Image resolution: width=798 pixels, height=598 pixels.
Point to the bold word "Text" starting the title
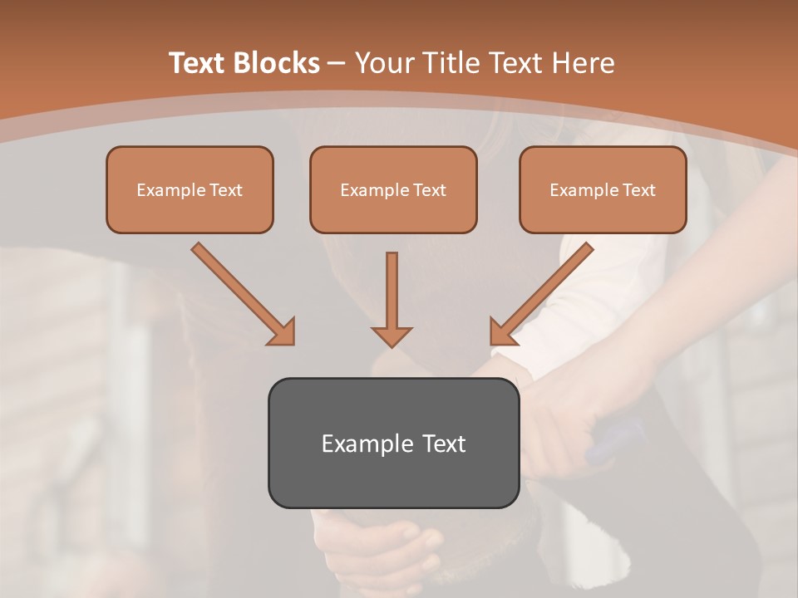[x=197, y=63]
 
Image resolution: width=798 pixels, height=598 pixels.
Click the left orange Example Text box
[x=190, y=189]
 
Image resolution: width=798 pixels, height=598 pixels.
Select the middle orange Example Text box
[x=393, y=189]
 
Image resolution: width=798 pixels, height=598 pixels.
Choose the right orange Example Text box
[x=603, y=189]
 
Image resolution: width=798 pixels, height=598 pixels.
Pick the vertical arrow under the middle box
[x=392, y=291]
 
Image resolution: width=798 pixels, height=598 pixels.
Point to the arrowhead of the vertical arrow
[x=392, y=336]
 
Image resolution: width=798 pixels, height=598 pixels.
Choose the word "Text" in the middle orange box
[x=430, y=189]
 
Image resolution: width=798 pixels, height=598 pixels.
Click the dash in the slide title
[x=337, y=63]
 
